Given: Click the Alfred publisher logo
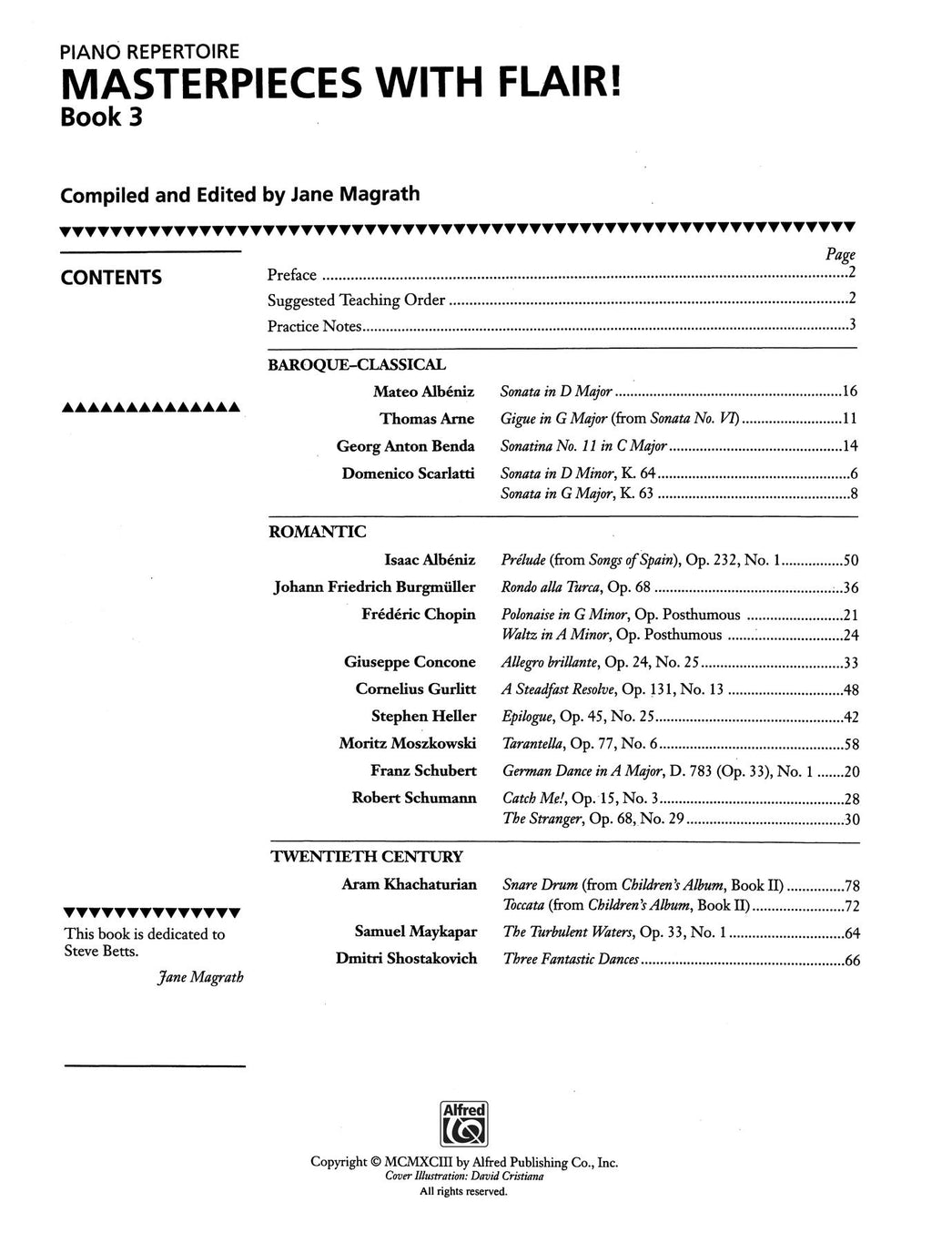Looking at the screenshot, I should click(x=464, y=1123).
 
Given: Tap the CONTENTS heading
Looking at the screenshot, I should click(x=111, y=278).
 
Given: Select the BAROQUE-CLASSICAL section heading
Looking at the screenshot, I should click(x=357, y=365).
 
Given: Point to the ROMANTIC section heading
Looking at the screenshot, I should click(x=318, y=532).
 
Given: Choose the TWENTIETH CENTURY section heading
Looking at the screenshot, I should click(x=366, y=857).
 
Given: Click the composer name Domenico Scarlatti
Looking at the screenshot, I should click(x=409, y=474).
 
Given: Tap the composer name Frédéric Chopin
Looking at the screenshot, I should click(x=419, y=615).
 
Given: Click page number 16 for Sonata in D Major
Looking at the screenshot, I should click(x=850, y=392).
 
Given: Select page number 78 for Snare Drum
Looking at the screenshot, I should click(x=851, y=885).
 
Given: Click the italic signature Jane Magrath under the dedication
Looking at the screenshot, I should click(x=200, y=978).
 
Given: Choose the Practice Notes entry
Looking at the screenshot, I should click(x=315, y=326).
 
